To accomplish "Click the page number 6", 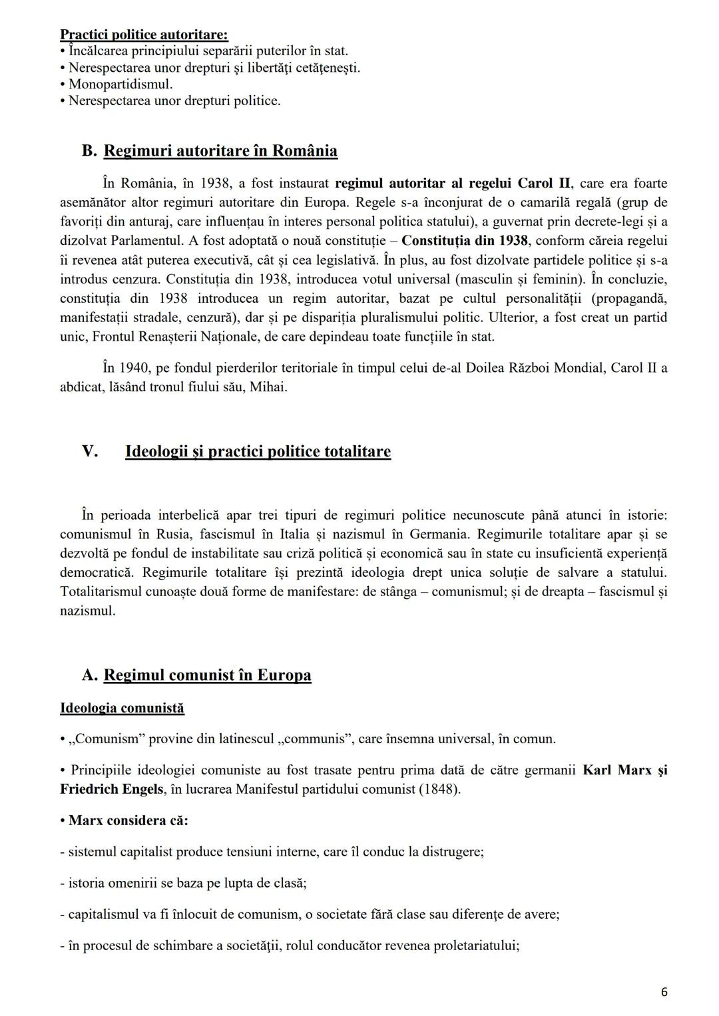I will tap(664, 992).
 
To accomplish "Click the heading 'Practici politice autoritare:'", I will tap(144, 34).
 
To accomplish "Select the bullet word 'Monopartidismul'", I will tap(120, 85).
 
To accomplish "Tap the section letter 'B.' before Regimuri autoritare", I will tap(89, 151).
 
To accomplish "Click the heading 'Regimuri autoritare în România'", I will tap(220, 151).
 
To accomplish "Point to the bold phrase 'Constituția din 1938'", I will tap(464, 241).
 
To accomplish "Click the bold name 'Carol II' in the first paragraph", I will tap(544, 183).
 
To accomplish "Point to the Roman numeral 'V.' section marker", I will tap(90, 452).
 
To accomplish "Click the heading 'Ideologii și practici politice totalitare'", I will tap(258, 452).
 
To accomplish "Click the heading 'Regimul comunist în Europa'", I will tap(207, 675).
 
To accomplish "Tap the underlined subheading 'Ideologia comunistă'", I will tap(122, 708).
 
